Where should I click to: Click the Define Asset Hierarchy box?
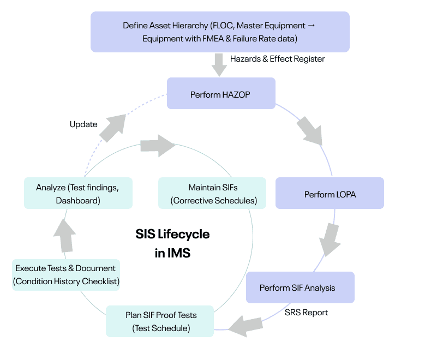pos(220,32)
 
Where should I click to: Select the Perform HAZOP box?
pos(220,94)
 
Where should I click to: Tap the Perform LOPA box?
pos(330,194)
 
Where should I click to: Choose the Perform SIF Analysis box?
pos(300,287)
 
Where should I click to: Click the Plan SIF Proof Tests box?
pos(159,321)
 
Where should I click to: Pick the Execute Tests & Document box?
pos(65,275)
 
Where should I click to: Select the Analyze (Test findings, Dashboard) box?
pos(77,194)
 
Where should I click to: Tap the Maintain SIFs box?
pos(213,194)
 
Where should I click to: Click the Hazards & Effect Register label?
pos(277,58)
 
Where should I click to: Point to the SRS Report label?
pos(306,313)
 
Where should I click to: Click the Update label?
pos(83,124)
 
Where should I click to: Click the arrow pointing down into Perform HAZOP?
pos(219,65)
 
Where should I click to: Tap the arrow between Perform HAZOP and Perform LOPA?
pos(309,131)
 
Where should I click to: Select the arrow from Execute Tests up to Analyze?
pos(67,233)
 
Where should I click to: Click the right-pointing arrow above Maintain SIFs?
pos(158,146)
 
